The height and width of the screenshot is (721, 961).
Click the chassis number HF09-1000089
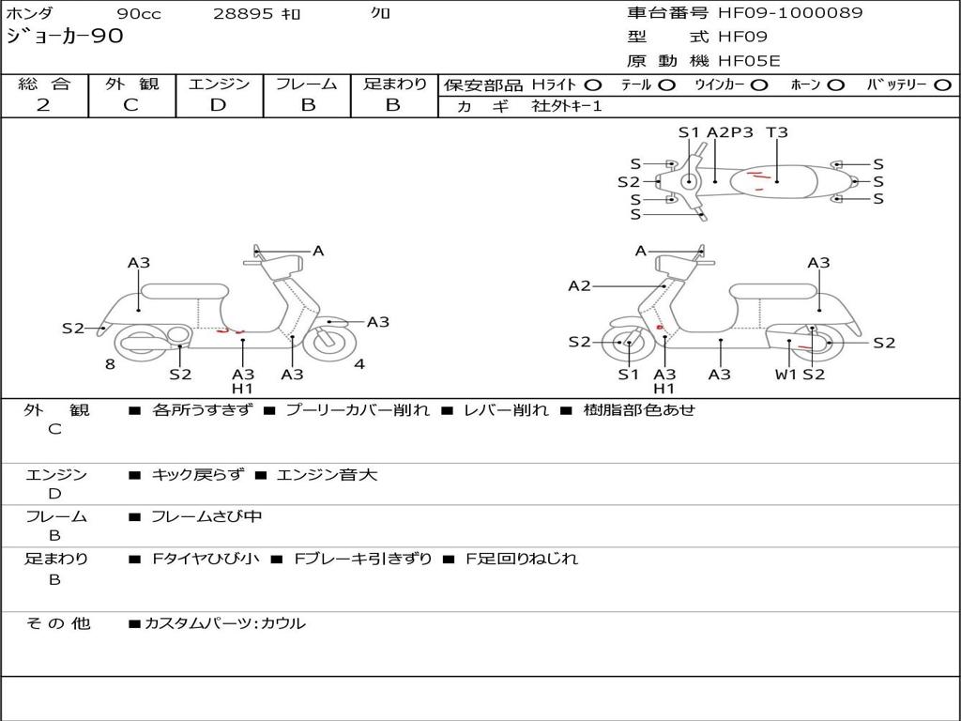[790, 13]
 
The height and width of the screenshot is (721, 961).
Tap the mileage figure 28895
[244, 14]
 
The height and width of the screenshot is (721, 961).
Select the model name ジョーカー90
[65, 37]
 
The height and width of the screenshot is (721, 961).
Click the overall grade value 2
[43, 105]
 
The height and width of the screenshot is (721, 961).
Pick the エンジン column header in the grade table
[219, 84]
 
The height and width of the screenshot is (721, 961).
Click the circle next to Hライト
[592, 85]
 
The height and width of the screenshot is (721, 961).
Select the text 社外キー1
[567, 106]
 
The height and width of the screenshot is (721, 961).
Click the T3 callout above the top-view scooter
[777, 132]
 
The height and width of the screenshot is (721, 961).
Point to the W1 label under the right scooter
[786, 375]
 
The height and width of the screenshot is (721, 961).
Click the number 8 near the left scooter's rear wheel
[110, 364]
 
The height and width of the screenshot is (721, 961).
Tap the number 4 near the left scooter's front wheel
[359, 364]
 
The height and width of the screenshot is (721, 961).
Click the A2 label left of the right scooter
[579, 285]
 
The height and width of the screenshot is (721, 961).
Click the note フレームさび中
[206, 516]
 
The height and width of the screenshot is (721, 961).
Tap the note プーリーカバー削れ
[358, 410]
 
